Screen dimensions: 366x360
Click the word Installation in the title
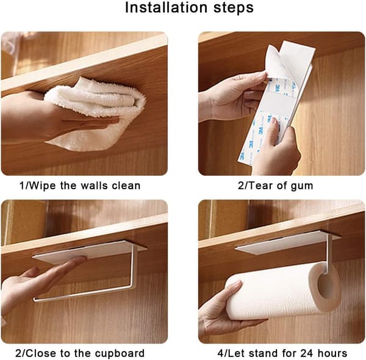166,7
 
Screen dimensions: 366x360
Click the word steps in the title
234,9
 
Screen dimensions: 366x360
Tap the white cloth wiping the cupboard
96,112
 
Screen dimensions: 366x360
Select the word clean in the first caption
126,186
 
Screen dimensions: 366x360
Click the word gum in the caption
303,187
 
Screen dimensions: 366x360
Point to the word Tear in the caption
260,186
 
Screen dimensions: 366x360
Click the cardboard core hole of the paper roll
326,286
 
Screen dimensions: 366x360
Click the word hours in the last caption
332,353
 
